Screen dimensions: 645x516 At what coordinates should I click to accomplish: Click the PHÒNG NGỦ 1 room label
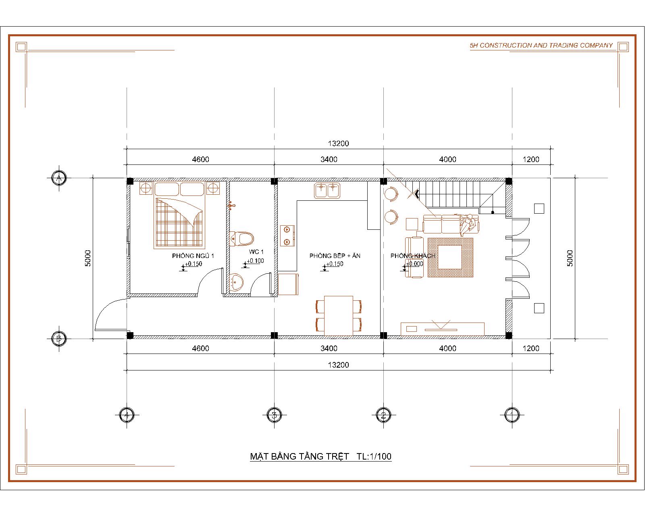(x=193, y=256)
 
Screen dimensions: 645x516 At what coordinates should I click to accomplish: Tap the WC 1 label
(x=256, y=252)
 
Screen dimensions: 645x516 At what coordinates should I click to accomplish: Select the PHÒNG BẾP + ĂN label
(x=335, y=256)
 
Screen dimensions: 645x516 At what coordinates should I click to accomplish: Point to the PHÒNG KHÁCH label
(x=413, y=256)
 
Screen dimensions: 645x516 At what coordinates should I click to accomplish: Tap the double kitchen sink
(x=327, y=191)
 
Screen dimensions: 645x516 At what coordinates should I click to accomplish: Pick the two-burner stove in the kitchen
(x=287, y=236)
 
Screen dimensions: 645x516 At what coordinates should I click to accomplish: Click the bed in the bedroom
(x=179, y=215)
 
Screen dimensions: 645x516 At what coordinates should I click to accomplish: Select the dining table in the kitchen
(x=339, y=316)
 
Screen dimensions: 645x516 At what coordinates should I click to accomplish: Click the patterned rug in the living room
(x=450, y=257)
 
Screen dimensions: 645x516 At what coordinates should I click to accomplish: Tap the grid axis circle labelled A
(x=59, y=178)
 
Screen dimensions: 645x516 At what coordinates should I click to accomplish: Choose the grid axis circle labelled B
(x=59, y=339)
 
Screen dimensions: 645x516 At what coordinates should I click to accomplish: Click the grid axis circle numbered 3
(x=274, y=415)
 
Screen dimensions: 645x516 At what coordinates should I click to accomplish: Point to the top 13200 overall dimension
(x=338, y=144)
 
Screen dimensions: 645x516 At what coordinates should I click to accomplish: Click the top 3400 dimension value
(x=329, y=159)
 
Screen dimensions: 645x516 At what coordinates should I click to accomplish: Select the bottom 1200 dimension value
(x=531, y=348)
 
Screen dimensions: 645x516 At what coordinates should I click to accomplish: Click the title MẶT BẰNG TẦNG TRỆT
(x=300, y=456)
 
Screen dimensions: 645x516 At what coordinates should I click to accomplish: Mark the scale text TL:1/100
(x=374, y=456)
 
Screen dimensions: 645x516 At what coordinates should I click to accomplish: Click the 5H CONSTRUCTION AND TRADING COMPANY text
(x=541, y=45)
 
